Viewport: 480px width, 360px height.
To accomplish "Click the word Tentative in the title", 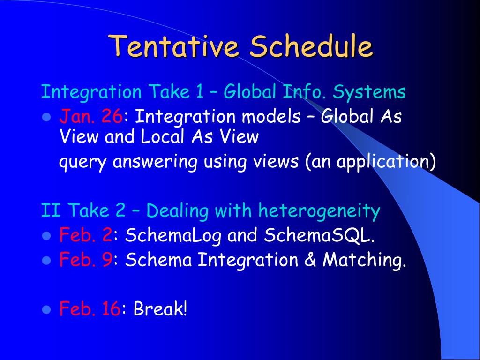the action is (x=173, y=46).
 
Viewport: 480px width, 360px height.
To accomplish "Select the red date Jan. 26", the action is (x=91, y=116).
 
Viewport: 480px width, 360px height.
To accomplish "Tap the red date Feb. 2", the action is (x=86, y=235).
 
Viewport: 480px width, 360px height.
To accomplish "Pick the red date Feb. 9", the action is (x=86, y=259).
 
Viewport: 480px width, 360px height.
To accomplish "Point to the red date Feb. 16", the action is (x=90, y=308).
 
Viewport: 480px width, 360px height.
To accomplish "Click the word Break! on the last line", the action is (x=160, y=308).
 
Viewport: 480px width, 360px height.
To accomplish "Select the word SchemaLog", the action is (x=173, y=235).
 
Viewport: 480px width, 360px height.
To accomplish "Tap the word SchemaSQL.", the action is (x=319, y=235).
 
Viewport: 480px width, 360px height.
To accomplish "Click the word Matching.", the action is (x=364, y=260).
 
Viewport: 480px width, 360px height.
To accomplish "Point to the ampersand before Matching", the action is (x=310, y=260).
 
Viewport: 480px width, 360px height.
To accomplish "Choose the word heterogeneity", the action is (x=319, y=211).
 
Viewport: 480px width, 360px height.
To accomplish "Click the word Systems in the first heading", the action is (x=369, y=92).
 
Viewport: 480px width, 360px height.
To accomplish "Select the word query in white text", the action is (x=82, y=162).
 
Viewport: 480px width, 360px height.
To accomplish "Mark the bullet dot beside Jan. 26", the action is (x=46, y=117).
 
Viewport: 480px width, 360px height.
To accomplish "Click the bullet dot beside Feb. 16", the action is (x=46, y=309).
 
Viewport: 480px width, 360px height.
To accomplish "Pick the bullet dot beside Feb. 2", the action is (x=46, y=236).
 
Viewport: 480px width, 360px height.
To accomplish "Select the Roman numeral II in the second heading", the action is (x=51, y=210).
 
